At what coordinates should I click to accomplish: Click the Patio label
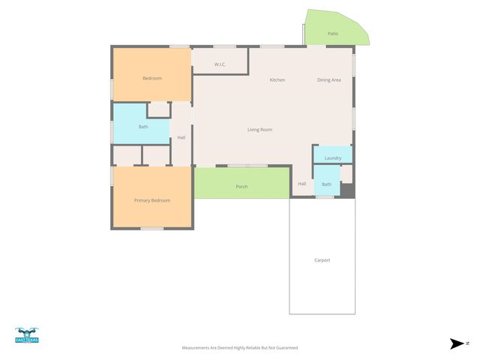pos(333,33)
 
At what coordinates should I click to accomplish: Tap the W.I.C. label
pos(220,64)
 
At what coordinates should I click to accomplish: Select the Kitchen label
pos(277,79)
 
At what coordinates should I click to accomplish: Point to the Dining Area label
pos(329,79)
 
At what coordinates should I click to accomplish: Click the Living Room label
pos(259,130)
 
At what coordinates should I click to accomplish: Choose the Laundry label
pos(333,158)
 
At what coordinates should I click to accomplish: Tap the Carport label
pos(322,260)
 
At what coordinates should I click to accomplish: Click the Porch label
pos(241,187)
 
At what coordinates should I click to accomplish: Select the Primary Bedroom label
pos(152,200)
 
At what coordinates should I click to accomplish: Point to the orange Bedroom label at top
pos(152,78)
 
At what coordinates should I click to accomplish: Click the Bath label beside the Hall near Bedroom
pos(143,127)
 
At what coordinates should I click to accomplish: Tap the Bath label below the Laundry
pos(326,184)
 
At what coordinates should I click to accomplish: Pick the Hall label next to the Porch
pos(302,184)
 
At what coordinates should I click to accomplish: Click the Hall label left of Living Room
pos(181,137)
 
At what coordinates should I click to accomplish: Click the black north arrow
pos(457,343)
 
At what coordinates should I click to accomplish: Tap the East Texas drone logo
pos(26,335)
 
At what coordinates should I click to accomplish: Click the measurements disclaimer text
pos(240,348)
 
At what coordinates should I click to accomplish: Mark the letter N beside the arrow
pos(468,343)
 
